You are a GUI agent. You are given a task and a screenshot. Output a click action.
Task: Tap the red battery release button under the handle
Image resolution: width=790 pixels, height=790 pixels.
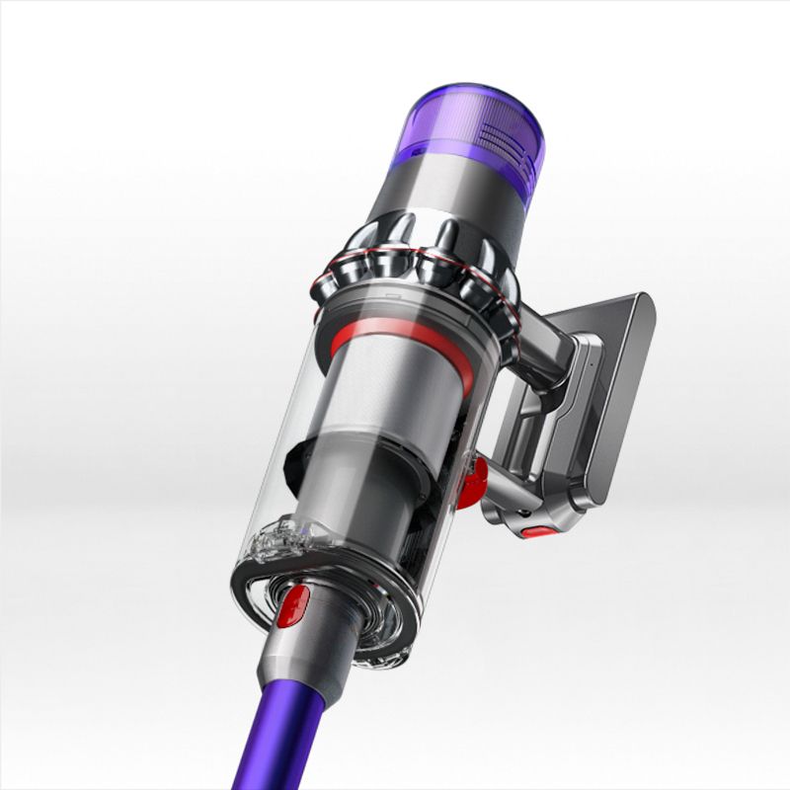point(538,532)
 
